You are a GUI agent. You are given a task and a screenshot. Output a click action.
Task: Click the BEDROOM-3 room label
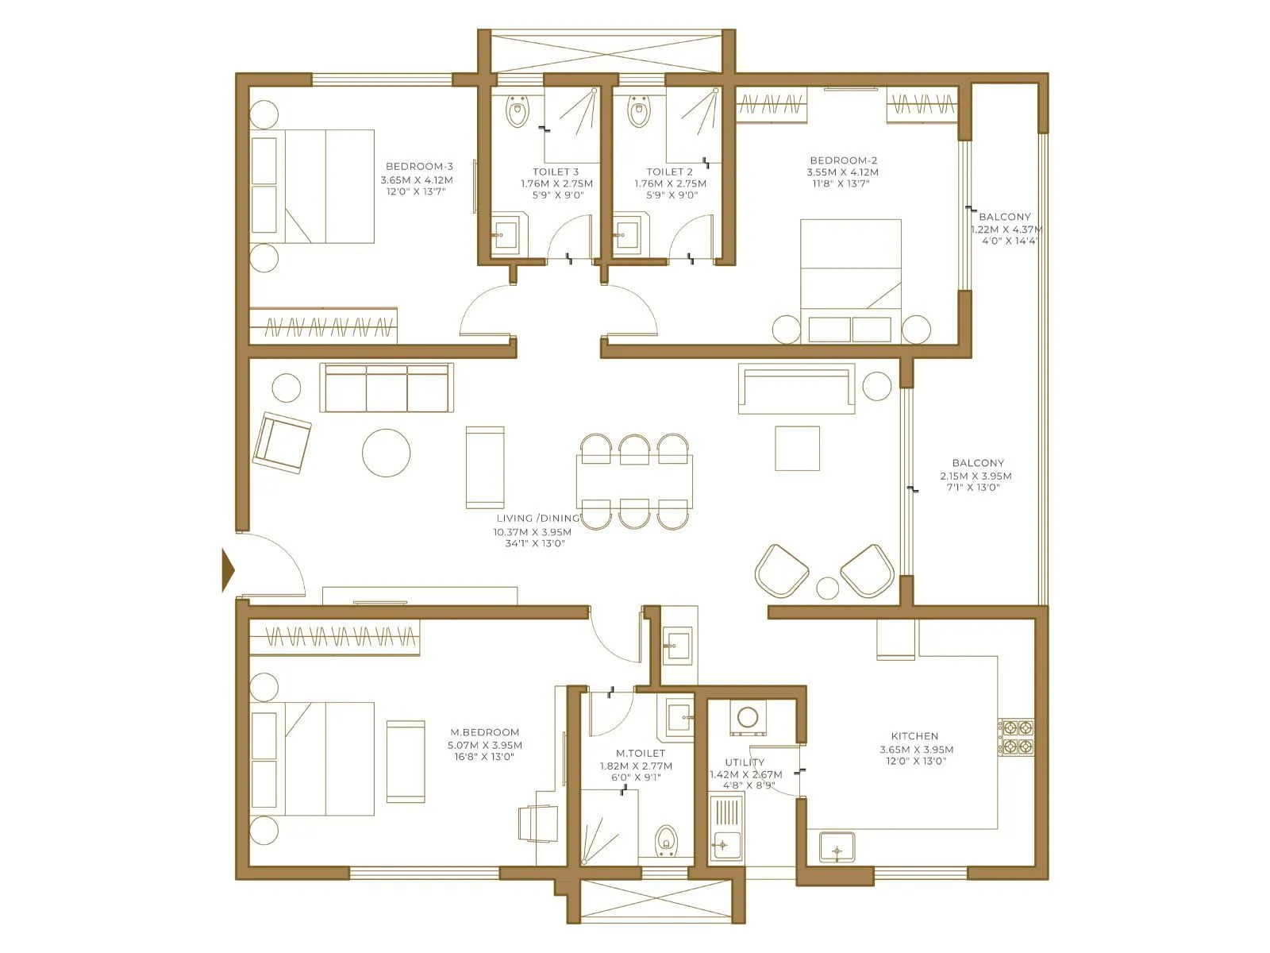coord(419,166)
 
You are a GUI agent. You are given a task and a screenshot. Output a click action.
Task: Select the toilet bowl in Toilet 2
coord(637,113)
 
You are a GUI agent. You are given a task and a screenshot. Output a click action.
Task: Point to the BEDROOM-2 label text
coord(843,160)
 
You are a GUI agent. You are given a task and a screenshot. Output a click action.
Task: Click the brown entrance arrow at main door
coord(229,569)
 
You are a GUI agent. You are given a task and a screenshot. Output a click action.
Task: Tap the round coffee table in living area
coord(387,453)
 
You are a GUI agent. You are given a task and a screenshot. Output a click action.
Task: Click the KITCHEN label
coord(914,736)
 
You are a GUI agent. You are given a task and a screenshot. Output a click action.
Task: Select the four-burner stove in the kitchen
coord(1016,736)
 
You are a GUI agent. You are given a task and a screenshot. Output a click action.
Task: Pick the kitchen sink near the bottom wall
coord(837,848)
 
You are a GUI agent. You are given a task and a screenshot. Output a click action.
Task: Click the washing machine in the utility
coord(748,717)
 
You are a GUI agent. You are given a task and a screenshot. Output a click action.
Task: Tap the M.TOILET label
coord(641,753)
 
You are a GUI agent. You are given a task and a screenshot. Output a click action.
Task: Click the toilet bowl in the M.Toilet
coord(665,840)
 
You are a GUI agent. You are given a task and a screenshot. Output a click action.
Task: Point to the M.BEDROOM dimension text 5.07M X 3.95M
coord(485,745)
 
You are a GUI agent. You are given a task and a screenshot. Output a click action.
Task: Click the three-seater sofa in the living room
coord(387,389)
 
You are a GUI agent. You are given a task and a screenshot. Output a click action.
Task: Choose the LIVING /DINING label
coord(537,518)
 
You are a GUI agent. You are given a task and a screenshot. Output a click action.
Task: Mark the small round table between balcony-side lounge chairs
coord(828,588)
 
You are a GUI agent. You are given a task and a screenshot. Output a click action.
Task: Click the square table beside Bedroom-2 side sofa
coord(797,449)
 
